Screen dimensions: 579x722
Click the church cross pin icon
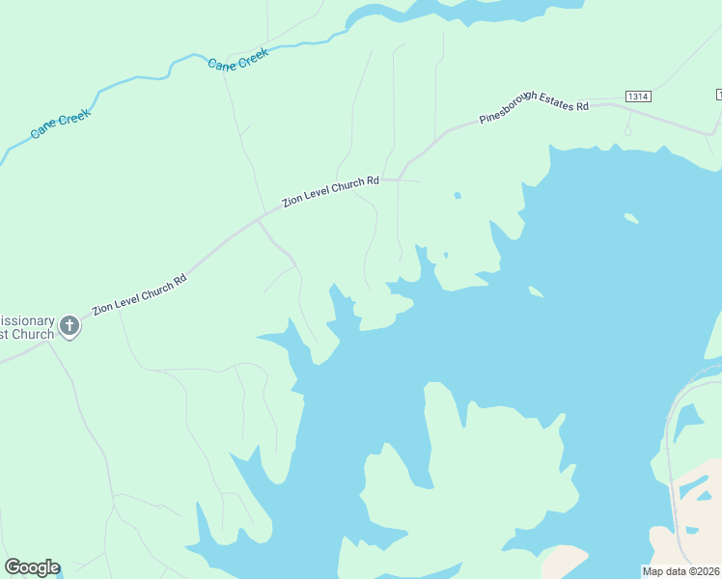coord(69,326)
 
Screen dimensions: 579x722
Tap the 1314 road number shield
coord(638,96)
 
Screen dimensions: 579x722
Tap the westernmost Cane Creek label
coord(60,124)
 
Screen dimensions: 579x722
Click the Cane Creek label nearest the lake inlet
coord(237,60)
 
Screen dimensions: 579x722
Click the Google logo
coord(32,567)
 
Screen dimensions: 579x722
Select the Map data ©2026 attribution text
coord(681,571)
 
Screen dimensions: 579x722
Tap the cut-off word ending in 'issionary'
coord(27,319)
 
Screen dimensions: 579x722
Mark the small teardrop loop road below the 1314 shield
coord(627,128)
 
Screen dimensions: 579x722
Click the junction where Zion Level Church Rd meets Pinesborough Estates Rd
coord(399,179)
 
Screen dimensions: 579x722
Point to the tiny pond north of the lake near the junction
coord(457,196)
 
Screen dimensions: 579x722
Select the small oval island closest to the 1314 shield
coord(631,218)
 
